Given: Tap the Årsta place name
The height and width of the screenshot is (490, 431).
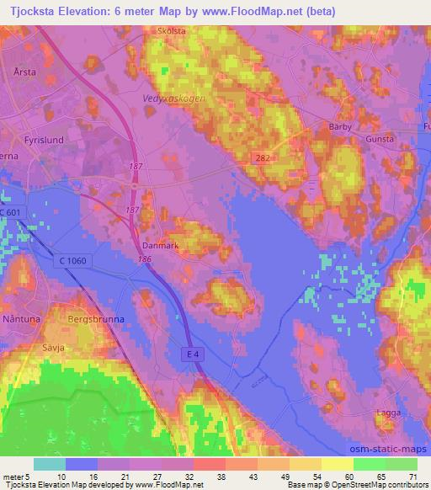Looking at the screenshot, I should click(x=24, y=72).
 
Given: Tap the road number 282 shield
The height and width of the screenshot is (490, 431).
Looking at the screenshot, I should click(x=263, y=158).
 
